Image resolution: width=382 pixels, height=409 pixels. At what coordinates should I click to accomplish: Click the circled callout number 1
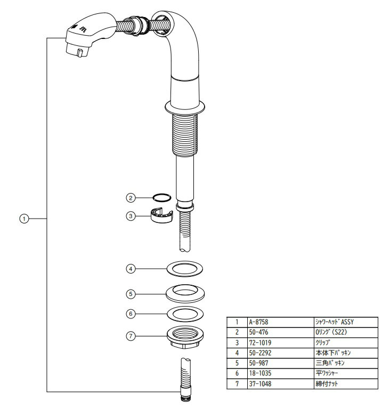tap(23, 219)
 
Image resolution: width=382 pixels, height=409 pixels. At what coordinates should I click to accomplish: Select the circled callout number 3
tap(129, 215)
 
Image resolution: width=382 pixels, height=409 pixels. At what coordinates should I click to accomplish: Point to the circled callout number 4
tap(129, 269)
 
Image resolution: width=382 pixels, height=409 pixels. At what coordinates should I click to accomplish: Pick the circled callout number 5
tap(129, 293)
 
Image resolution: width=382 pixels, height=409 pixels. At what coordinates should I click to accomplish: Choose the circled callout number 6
tap(129, 314)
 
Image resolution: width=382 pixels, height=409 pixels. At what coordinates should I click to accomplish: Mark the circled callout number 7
tap(129, 336)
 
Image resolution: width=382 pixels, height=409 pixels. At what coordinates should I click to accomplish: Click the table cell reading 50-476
tap(258, 332)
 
